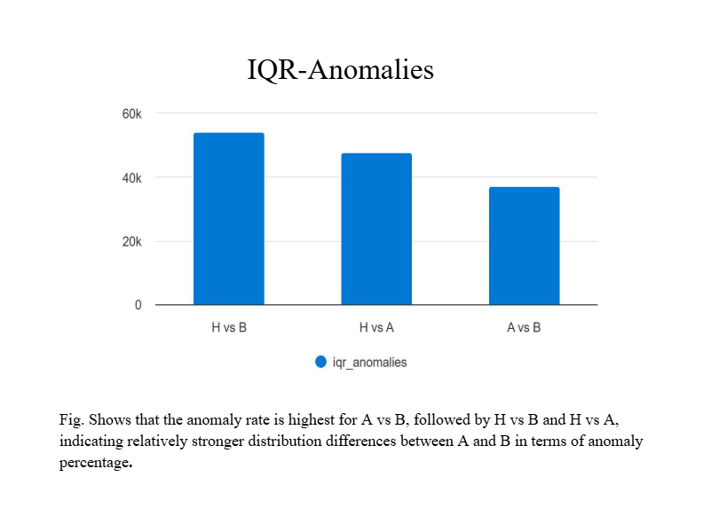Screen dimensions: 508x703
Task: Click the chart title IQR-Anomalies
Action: coord(340,70)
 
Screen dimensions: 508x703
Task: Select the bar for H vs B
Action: coord(228,219)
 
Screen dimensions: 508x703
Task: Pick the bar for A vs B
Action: coord(524,246)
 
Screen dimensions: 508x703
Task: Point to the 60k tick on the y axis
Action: coord(131,113)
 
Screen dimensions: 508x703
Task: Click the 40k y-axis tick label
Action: coord(131,177)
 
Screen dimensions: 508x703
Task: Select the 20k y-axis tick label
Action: coord(131,241)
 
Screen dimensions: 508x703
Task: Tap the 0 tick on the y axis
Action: coord(138,305)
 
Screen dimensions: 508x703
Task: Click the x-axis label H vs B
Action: coord(228,327)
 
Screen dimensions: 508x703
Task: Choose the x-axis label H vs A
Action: coord(376,327)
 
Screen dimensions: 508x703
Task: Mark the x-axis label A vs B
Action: coord(524,327)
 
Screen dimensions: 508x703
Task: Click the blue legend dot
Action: coord(320,362)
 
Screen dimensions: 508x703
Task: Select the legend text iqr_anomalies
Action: coord(369,363)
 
